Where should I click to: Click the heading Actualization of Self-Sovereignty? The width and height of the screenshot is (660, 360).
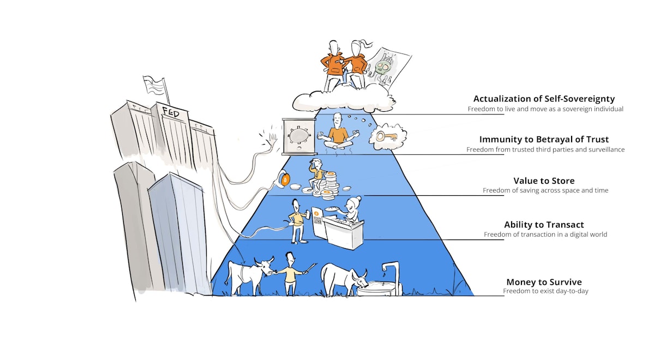point(544,99)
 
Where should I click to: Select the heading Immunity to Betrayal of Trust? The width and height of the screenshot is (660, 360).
point(544,139)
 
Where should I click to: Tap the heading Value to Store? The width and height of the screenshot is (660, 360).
point(544,181)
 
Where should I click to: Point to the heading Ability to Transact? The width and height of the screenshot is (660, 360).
point(544,225)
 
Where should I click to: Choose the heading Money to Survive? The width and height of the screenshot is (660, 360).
point(544,282)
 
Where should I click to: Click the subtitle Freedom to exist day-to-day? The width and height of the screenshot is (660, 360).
point(545,291)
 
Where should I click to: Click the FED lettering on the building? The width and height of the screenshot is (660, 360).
point(171,112)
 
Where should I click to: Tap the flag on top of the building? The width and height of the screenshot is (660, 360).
point(154,84)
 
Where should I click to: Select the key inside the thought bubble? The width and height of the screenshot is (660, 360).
point(387,136)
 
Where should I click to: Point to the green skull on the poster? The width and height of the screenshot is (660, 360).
point(383,68)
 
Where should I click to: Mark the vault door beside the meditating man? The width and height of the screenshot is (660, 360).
point(299,136)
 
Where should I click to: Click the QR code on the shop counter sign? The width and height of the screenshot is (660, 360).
point(317,221)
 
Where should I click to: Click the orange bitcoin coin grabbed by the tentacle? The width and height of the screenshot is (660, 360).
point(285,179)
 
